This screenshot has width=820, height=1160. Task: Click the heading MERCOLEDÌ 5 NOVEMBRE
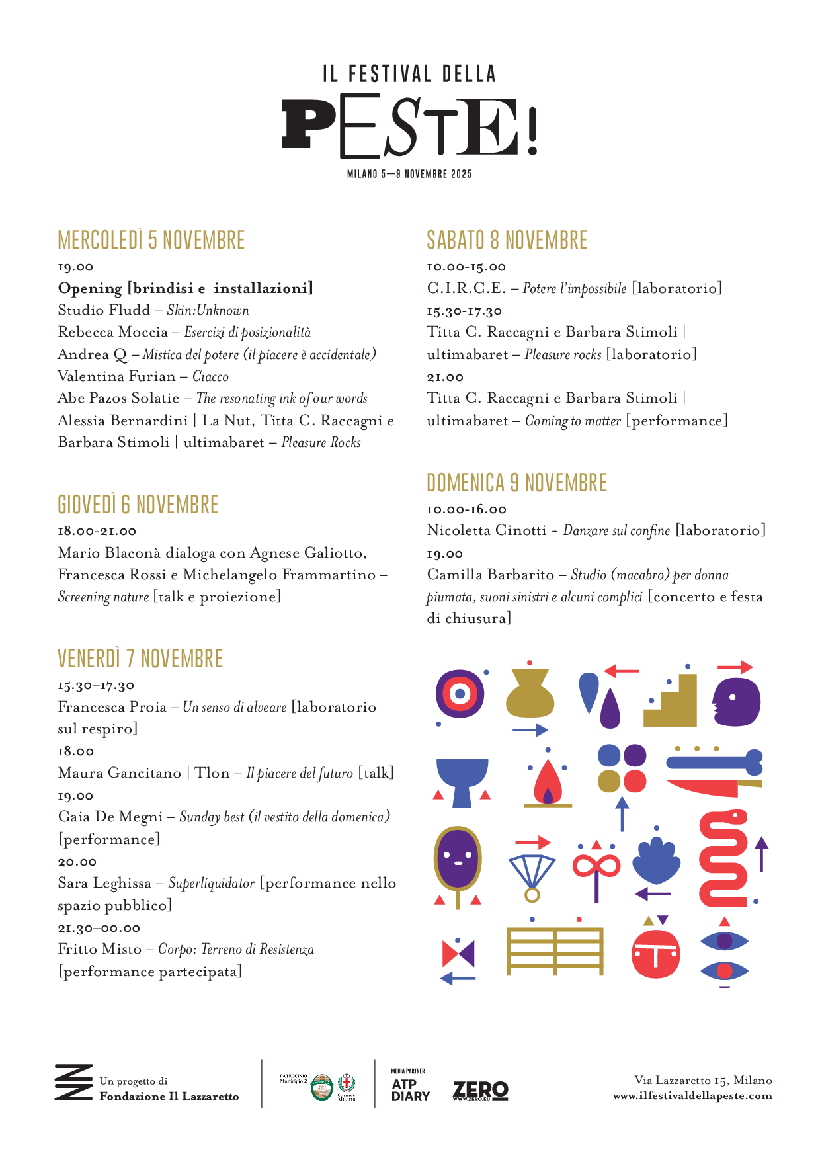pyautogui.click(x=151, y=240)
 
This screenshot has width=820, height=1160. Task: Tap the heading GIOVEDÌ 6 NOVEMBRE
pyautogui.click(x=138, y=505)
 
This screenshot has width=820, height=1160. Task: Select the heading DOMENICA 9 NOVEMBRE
pyautogui.click(x=516, y=483)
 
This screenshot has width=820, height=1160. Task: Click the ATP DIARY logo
pyautogui.click(x=410, y=1090)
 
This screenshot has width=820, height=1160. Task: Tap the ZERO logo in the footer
pyautogui.click(x=480, y=1091)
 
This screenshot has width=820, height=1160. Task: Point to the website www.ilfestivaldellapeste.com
pyautogui.click(x=692, y=1096)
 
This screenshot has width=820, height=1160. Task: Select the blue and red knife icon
pyautogui.click(x=714, y=772)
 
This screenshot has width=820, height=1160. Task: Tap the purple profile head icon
pyautogui.click(x=737, y=701)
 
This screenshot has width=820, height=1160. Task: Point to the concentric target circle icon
pyautogui.click(x=460, y=694)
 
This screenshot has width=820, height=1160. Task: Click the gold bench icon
pyautogui.click(x=555, y=951)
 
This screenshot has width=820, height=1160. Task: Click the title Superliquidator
pyautogui.click(x=212, y=884)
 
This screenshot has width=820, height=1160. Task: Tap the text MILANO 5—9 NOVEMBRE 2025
pyautogui.click(x=409, y=174)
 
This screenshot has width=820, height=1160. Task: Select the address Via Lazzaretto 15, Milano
pyautogui.click(x=703, y=1080)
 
